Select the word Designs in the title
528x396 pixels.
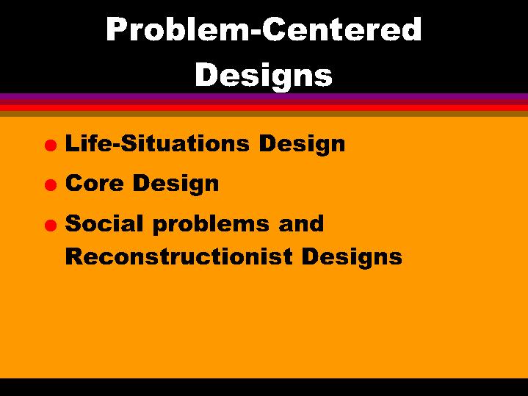coord(264,75)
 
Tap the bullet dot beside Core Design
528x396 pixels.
coord(49,186)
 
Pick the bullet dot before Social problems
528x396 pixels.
coord(49,226)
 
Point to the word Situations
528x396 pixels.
coord(178,143)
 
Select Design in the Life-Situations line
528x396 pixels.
coord(302,145)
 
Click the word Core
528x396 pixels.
coord(93,183)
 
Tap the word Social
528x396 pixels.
coord(104,223)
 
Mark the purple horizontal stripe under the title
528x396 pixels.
coord(264,96)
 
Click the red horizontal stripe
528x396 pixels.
coord(264,107)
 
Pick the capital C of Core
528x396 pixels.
coord(74,183)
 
